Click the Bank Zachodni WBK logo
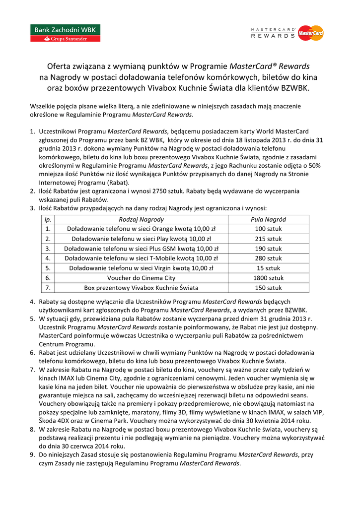click(x=67, y=33)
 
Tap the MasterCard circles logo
click(x=311, y=33)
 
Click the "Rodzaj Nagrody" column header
click(x=142, y=219)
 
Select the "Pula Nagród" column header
click(x=268, y=219)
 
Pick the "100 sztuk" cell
click(x=268, y=229)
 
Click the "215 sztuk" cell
click(x=268, y=239)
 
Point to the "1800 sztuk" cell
click(x=268, y=278)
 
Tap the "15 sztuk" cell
click(x=268, y=268)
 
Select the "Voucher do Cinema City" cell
click(x=142, y=278)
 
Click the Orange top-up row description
click(x=142, y=229)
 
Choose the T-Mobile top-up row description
click(x=142, y=258)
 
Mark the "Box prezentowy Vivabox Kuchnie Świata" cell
click(x=142, y=288)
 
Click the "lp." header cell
click(x=48, y=219)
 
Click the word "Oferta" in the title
click(x=60, y=66)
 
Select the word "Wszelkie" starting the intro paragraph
click(x=43, y=106)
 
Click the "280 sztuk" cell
click(x=268, y=258)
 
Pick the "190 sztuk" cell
click(x=268, y=249)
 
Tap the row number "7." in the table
click(x=48, y=288)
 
